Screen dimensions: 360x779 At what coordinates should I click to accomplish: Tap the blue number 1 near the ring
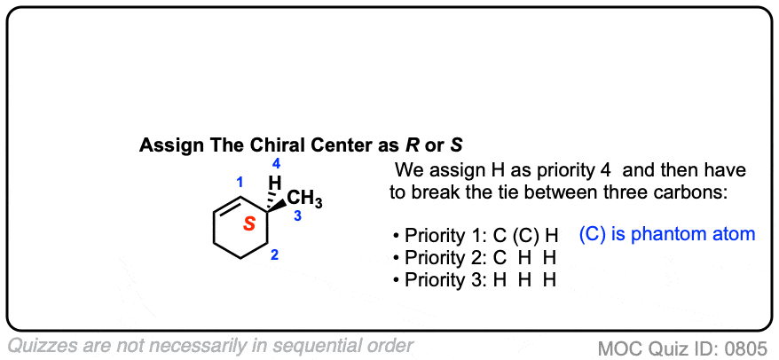click(x=240, y=183)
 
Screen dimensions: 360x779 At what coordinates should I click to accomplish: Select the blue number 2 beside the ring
click(x=275, y=255)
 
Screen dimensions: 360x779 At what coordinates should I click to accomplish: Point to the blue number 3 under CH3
click(x=297, y=215)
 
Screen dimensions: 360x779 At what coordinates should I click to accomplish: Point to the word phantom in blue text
click(x=683, y=235)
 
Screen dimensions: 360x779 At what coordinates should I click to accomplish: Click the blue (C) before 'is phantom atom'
click(x=593, y=235)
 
